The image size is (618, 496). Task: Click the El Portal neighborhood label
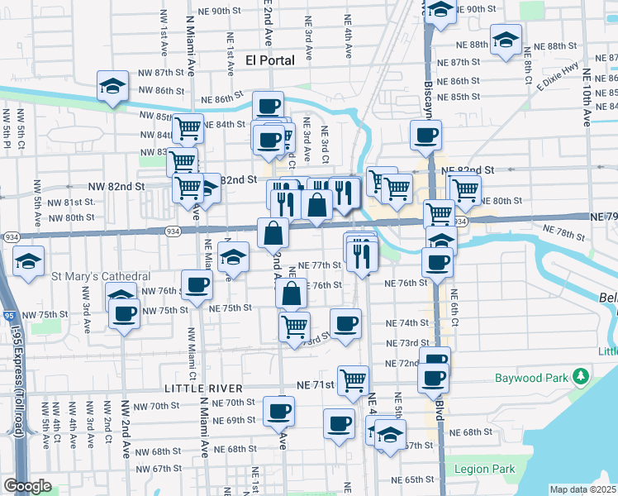[x=270, y=60]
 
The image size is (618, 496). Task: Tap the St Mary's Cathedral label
[x=101, y=275]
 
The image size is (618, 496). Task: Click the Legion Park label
[x=485, y=469]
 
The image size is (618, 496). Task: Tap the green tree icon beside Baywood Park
[x=582, y=378]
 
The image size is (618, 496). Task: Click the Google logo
[x=27, y=486]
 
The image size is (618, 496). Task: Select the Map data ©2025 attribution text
[x=582, y=489]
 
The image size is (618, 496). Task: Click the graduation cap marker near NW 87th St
[x=111, y=87]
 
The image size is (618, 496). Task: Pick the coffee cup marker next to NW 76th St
[x=197, y=285]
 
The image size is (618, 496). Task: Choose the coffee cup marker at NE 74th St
[x=345, y=322]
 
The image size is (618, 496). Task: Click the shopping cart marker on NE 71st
[x=354, y=381]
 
